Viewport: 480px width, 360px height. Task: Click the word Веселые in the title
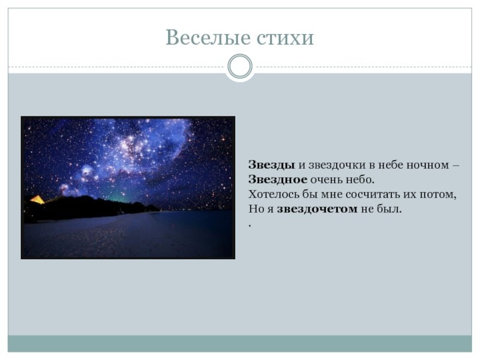tap(208, 37)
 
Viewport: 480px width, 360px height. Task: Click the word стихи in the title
tap(285, 38)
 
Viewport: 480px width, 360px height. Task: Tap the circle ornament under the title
tap(240, 67)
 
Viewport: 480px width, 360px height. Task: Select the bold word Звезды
tap(272, 165)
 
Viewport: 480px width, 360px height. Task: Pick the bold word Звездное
tap(278, 179)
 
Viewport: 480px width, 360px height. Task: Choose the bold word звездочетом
tap(317, 209)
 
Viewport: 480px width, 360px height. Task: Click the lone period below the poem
tap(250, 226)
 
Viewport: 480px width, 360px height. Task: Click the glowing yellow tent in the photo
tap(38, 200)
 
